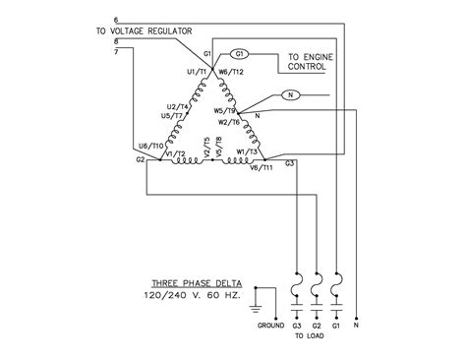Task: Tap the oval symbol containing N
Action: (289, 95)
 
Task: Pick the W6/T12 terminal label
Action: (233, 72)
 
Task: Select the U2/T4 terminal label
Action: (177, 106)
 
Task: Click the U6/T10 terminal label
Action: (153, 146)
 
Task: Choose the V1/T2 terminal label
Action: (175, 154)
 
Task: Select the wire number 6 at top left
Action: (116, 21)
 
